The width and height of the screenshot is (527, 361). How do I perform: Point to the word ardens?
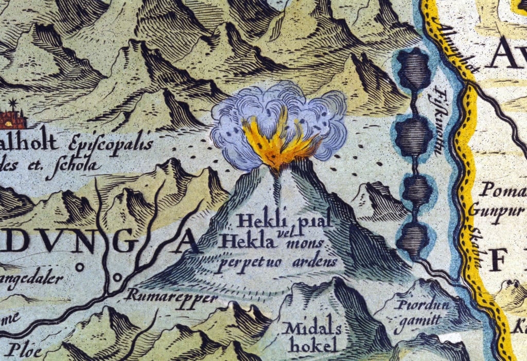pos(315,262)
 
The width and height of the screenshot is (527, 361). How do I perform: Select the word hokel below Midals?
pos(307,345)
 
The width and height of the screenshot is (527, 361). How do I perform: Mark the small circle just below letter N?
pos(80,267)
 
